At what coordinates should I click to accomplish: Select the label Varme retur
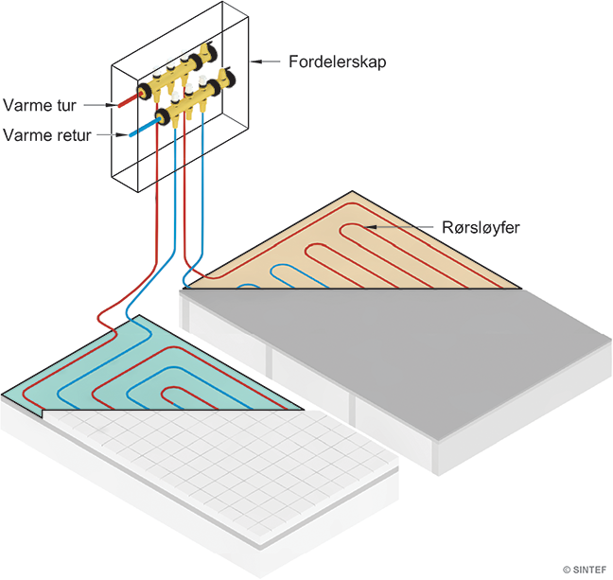(x=47, y=135)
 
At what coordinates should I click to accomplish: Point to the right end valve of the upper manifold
(x=227, y=72)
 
